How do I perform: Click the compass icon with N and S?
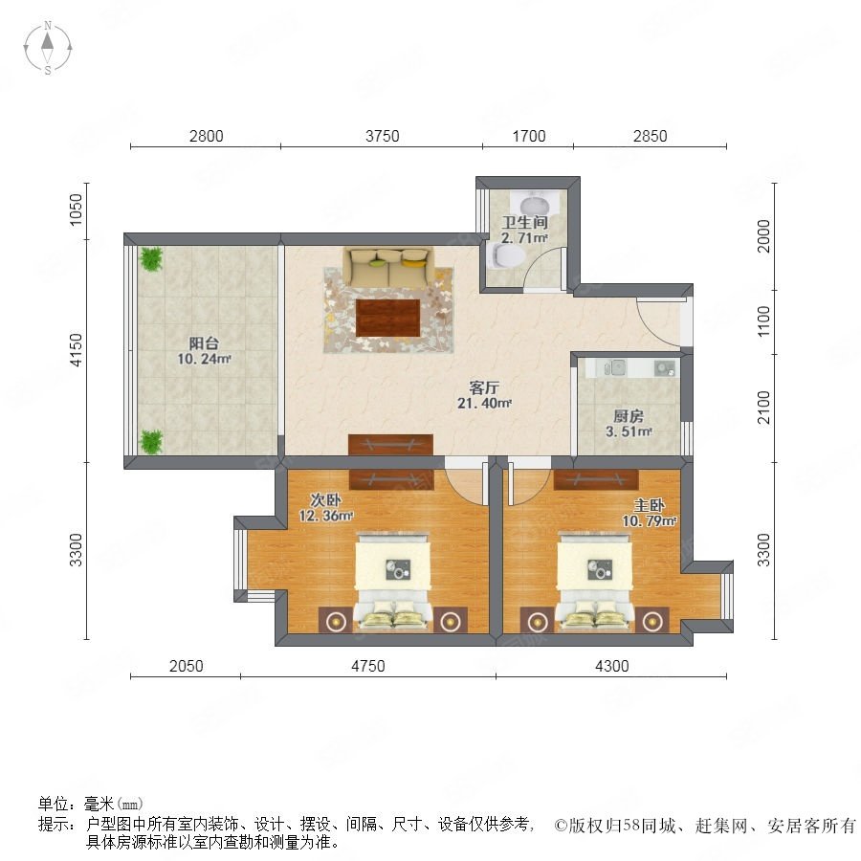click(48, 48)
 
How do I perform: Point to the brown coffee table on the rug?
click(387, 318)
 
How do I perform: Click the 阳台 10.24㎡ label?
click(205, 351)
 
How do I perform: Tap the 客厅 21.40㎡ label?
click(484, 395)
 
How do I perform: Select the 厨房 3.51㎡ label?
click(629, 424)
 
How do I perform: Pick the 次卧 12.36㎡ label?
click(325, 508)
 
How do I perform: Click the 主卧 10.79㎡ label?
click(649, 513)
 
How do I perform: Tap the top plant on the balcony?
click(151, 258)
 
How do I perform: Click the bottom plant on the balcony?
click(151, 442)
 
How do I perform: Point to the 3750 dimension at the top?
click(382, 136)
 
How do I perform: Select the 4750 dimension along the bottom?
click(368, 666)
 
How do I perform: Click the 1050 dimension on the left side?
click(76, 210)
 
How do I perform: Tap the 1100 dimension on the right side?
click(763, 321)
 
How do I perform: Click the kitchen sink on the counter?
click(617, 366)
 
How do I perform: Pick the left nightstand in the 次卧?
click(335, 621)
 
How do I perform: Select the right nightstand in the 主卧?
click(651, 621)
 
